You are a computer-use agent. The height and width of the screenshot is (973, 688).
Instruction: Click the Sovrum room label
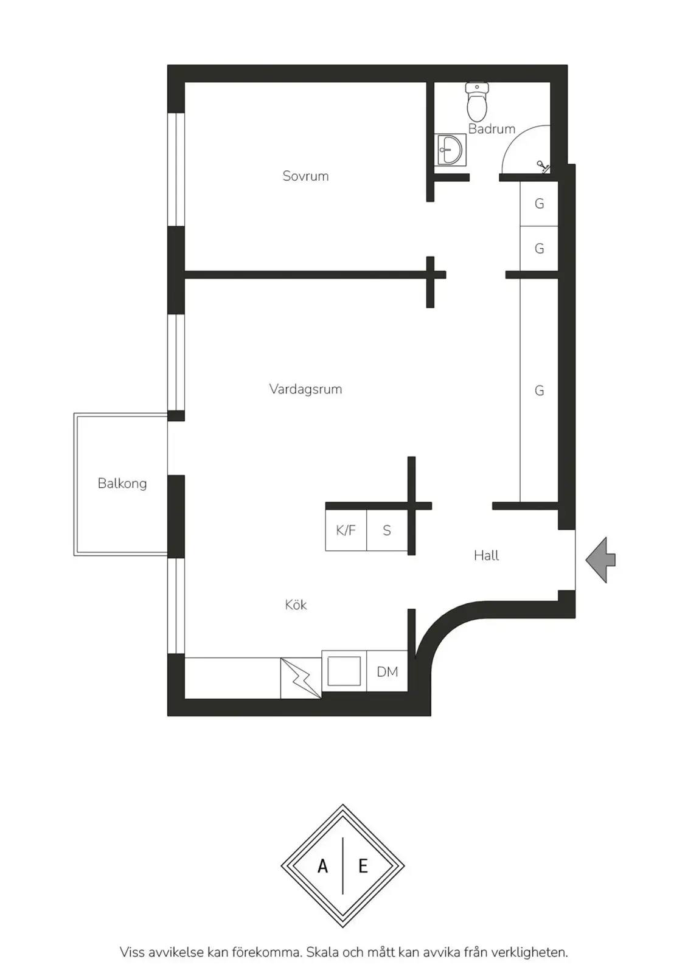305,176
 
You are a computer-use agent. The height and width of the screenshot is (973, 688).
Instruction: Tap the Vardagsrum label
305,389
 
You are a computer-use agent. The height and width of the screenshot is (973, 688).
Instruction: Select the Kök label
296,604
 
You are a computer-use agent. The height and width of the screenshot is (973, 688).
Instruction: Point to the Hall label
486,555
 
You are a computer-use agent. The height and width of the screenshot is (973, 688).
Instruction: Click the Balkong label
122,483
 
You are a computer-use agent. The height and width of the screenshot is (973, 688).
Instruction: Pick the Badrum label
492,128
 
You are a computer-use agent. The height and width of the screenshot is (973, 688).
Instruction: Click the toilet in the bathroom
477,102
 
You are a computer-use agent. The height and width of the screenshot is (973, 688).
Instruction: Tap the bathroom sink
450,150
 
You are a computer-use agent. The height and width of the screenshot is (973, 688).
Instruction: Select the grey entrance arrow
600,560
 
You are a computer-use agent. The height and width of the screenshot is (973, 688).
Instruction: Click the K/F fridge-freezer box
346,530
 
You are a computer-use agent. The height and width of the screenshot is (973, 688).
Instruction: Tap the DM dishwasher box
387,671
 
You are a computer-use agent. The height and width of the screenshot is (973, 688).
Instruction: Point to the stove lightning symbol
301,679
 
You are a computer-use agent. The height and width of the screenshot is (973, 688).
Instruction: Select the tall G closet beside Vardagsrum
539,390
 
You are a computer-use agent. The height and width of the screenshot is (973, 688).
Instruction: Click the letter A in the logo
322,866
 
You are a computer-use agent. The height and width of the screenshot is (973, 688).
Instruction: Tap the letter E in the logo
363,866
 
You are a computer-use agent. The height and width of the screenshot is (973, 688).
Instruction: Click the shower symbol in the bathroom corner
543,167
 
